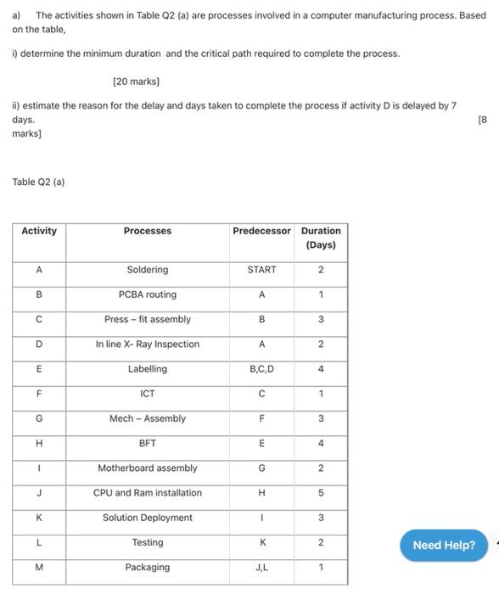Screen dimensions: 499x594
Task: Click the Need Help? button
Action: point(444,545)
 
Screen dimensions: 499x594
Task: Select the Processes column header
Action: point(147,231)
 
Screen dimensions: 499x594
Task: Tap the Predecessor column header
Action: point(261,231)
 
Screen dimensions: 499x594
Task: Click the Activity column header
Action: point(39,231)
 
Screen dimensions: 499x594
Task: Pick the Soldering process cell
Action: point(147,270)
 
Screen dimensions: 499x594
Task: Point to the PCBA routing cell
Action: point(147,294)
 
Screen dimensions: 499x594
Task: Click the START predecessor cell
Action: point(261,270)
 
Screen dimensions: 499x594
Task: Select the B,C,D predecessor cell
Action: point(261,369)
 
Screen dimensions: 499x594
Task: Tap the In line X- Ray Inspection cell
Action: point(147,345)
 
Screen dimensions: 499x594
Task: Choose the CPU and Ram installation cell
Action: point(147,493)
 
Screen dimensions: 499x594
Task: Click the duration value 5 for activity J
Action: point(321,493)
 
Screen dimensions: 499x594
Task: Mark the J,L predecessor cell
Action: point(261,567)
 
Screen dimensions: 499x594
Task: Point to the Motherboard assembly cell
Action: point(147,468)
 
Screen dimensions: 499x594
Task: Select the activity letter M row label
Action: point(39,567)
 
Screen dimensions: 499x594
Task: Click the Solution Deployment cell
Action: point(147,518)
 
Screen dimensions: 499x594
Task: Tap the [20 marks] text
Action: point(136,81)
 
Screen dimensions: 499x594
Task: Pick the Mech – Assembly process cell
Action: point(147,418)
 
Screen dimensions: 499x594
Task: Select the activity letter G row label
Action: point(39,418)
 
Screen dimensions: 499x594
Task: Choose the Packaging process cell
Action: point(147,567)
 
